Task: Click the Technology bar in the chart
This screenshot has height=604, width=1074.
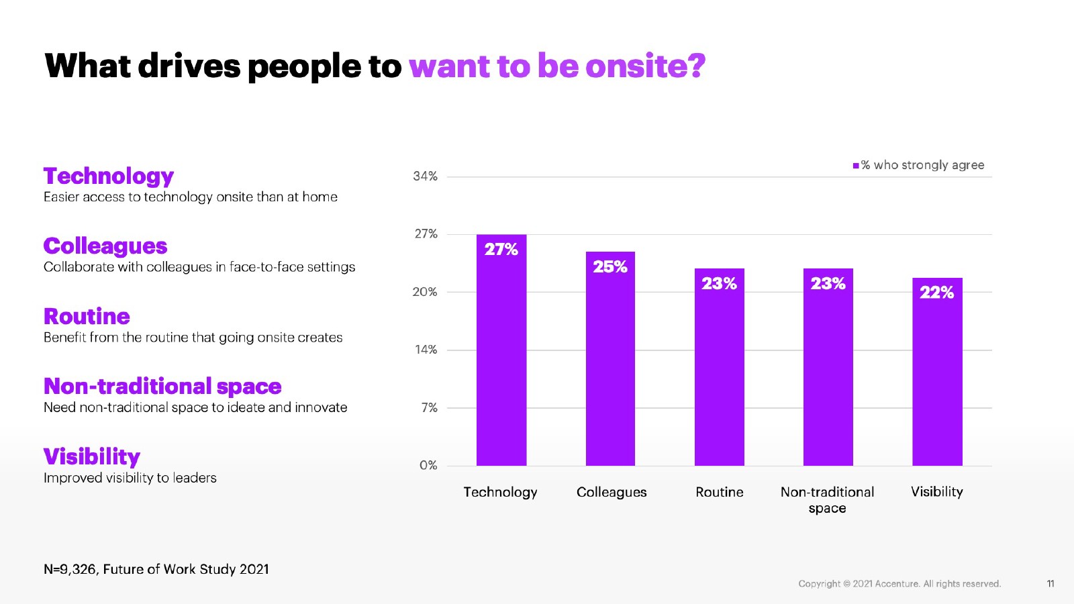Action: click(x=501, y=356)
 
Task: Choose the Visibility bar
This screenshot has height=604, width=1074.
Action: click(x=937, y=376)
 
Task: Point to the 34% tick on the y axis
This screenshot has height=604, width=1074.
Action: click(x=425, y=177)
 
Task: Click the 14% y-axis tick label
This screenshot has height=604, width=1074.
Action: click(x=426, y=350)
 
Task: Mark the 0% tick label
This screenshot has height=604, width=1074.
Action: click(x=428, y=465)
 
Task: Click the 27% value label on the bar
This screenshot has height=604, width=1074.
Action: click(x=501, y=250)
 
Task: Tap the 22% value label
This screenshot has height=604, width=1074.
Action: click(x=937, y=293)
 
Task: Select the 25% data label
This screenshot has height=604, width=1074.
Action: click(x=610, y=267)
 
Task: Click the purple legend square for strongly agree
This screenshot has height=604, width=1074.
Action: click(x=856, y=166)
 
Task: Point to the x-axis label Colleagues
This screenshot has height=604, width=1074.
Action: click(x=612, y=492)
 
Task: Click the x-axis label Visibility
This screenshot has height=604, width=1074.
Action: click(x=937, y=492)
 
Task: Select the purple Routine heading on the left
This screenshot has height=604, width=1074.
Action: click(x=87, y=316)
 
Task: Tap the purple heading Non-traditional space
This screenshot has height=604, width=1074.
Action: click(x=162, y=387)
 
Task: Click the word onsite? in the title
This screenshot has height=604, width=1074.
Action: click(x=645, y=66)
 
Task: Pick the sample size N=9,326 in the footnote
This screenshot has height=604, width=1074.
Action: click(x=70, y=569)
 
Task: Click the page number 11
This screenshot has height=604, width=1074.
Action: click(x=1051, y=584)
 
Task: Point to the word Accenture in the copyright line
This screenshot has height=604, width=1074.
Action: click(x=897, y=584)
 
